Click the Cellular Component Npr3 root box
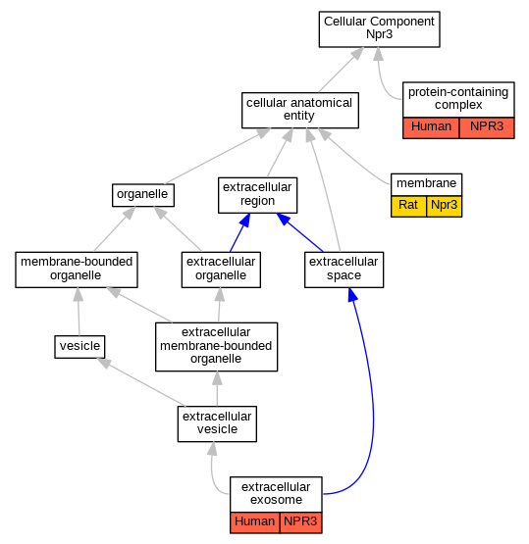tap(379, 29)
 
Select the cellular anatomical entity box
tap(300, 110)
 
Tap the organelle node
tap(143, 195)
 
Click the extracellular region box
tap(257, 195)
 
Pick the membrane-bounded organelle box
tap(77, 270)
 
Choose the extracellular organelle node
tap(221, 270)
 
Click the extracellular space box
tap(344, 270)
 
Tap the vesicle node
tap(79, 347)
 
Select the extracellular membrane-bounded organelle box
tap(216, 347)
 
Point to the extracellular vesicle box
tap(217, 423)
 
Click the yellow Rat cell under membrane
tap(408, 207)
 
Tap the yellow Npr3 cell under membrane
tap(445, 207)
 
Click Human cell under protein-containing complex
tap(431, 128)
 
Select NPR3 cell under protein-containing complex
tap(487, 128)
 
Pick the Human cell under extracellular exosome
tap(255, 522)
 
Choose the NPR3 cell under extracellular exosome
tap(300, 522)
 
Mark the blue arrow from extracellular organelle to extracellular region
tap(239, 233)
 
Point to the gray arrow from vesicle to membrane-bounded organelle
tap(79, 312)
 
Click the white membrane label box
tap(427, 184)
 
